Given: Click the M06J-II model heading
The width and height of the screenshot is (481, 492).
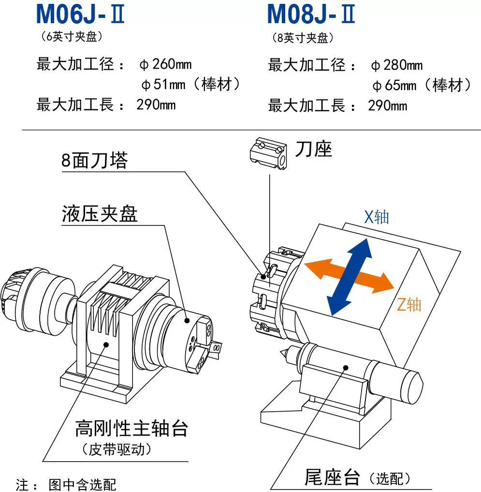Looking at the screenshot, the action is pyautogui.click(x=80, y=14).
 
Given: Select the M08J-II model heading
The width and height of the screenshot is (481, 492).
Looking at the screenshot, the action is pyautogui.click(x=311, y=14).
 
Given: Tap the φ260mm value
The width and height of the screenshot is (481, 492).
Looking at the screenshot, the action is pyautogui.click(x=165, y=64).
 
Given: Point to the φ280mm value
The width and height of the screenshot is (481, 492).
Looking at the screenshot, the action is pyautogui.click(x=397, y=65).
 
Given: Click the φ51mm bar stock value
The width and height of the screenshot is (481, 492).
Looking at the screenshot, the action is pyautogui.click(x=190, y=84).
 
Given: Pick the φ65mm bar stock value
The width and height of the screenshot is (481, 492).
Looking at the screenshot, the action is pyautogui.click(x=422, y=85).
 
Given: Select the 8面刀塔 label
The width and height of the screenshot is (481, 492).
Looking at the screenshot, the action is pyautogui.click(x=94, y=160).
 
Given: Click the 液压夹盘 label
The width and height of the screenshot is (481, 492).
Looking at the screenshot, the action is pyautogui.click(x=100, y=214).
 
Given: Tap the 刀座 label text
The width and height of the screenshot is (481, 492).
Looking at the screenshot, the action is pyautogui.click(x=313, y=149).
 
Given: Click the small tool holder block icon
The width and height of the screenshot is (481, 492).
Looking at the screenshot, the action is pyautogui.click(x=268, y=153).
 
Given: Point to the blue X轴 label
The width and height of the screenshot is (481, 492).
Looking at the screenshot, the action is pyautogui.click(x=376, y=217).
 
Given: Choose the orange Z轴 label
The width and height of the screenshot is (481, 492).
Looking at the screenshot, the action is pyautogui.click(x=409, y=304).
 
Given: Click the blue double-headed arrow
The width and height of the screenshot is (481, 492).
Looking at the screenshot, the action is pyautogui.click(x=350, y=277).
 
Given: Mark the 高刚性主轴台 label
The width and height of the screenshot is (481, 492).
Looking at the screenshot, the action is pyautogui.click(x=131, y=428).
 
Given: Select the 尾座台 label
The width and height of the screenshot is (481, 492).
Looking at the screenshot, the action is pyautogui.click(x=332, y=477).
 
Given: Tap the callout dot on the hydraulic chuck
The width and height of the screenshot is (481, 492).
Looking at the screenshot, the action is pyautogui.click(x=187, y=321).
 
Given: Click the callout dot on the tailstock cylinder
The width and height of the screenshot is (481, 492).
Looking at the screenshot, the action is pyautogui.click(x=346, y=368).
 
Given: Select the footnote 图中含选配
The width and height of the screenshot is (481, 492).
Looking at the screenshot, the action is pyautogui.click(x=83, y=484).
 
